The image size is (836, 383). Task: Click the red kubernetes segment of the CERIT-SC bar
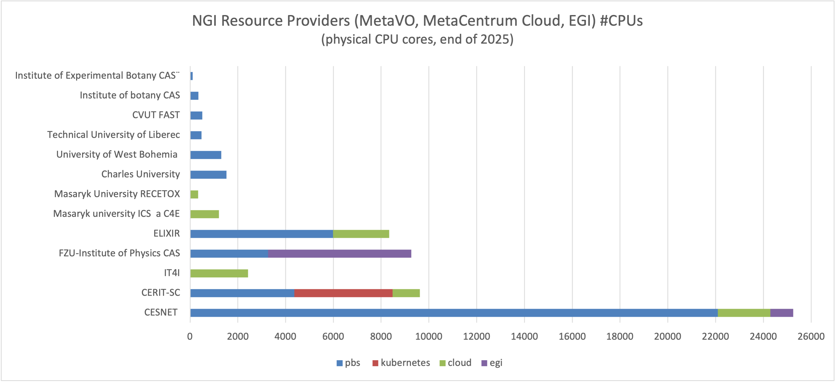(x=343, y=293)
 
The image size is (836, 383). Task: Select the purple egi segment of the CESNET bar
(x=781, y=313)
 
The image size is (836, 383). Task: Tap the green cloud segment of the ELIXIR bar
(x=361, y=234)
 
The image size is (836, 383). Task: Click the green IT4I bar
(x=219, y=273)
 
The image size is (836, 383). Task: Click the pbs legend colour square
(x=339, y=363)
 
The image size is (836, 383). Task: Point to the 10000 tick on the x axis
(x=429, y=336)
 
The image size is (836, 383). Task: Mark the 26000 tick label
(x=811, y=336)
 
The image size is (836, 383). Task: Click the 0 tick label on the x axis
(x=190, y=336)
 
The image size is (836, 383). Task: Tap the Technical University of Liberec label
(x=113, y=135)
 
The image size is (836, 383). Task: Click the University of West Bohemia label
(x=117, y=154)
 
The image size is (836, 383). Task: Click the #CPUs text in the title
(x=621, y=21)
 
